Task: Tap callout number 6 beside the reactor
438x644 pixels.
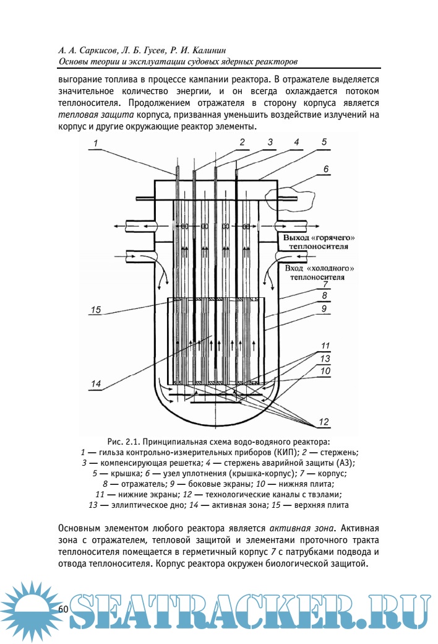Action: tap(325, 168)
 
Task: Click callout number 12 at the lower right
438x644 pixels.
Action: tap(324, 422)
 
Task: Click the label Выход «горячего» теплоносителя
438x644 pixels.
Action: tap(319, 242)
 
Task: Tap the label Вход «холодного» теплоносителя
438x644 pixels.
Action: tap(319, 273)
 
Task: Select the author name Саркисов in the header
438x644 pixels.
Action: tap(93, 50)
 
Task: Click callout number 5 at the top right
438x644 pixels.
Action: tap(324, 142)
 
